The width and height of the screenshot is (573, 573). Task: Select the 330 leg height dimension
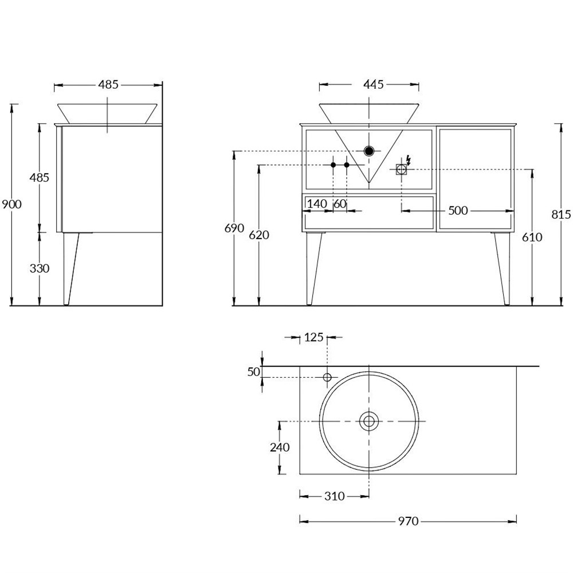pos(39,268)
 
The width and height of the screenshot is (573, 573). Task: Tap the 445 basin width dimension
pos(373,85)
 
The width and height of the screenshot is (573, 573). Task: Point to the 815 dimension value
pos(561,214)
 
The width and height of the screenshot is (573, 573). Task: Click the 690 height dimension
pos(234,229)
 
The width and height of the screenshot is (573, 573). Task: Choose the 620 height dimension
pos(259,235)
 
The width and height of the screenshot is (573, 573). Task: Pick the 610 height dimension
pos(532,237)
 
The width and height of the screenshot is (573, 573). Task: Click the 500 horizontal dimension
pos(458,211)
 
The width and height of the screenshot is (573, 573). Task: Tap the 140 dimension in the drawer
pos(317,203)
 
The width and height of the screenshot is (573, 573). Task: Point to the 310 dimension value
pos(334,496)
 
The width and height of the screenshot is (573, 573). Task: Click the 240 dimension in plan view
pos(280,448)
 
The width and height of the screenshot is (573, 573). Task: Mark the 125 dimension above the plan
pos(313,337)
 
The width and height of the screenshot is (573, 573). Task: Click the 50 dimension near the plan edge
pos(254,372)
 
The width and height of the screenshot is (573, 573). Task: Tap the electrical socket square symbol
pos(401,168)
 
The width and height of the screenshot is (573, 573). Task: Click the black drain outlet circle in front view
pos(369,151)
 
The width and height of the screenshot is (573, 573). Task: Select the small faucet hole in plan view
pos(327,377)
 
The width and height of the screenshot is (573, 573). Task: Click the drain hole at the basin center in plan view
pos(368,422)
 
